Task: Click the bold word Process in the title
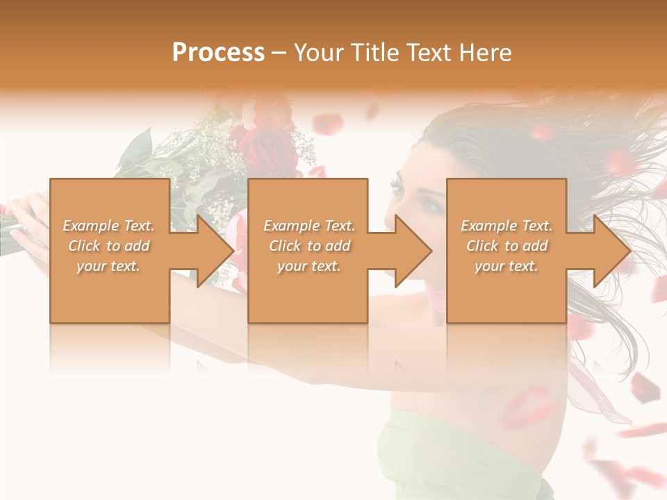tap(218, 53)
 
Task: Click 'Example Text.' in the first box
tap(109, 226)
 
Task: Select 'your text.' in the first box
tap(109, 266)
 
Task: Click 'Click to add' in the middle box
tap(309, 246)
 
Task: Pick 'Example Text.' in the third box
tap(507, 226)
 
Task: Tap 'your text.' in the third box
tap(507, 266)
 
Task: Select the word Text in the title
tap(429, 53)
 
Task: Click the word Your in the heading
tap(318, 53)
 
